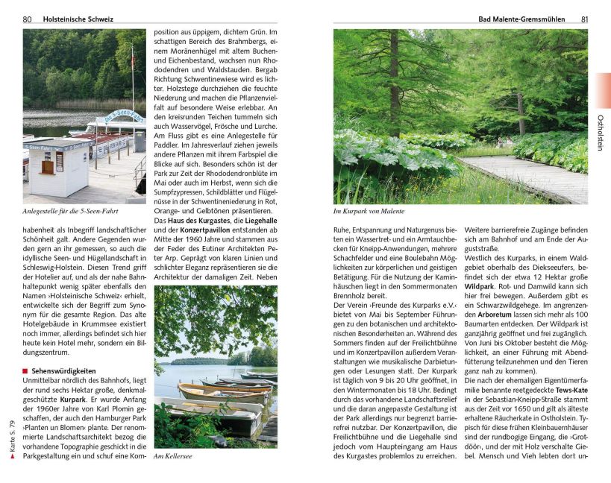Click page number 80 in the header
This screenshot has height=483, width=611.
click(x=27, y=19)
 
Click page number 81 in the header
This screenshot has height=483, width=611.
click(x=585, y=19)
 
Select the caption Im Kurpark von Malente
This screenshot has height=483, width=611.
click(x=369, y=211)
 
